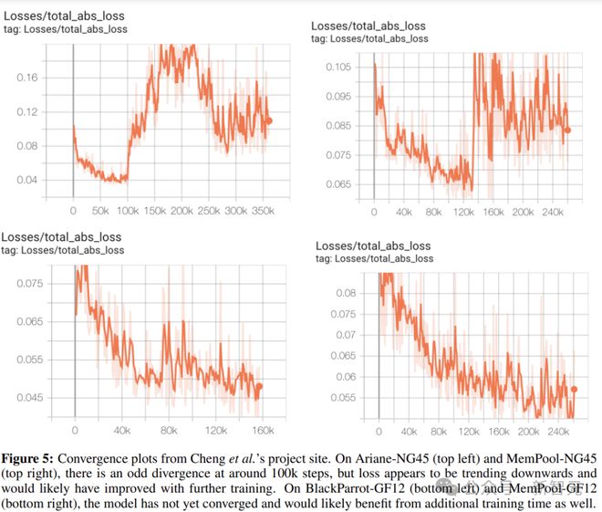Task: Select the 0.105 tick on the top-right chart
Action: coord(337,67)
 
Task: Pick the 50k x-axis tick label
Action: coord(102,210)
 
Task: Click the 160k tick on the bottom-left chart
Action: coord(263,430)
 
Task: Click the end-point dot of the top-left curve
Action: coord(268,120)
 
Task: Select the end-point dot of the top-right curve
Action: coord(567,130)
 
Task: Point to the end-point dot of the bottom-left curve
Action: coord(259,387)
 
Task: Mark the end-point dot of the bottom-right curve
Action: coord(575,390)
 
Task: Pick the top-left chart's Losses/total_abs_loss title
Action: coord(65,16)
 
